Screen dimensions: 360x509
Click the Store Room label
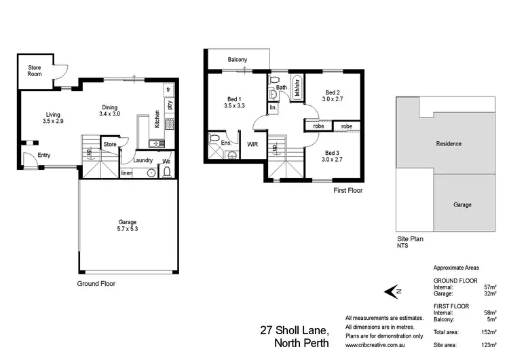pyautogui.click(x=35, y=71)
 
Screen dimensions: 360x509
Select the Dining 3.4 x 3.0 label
pyautogui.click(x=109, y=111)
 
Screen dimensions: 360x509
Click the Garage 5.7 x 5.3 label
pyautogui.click(x=128, y=226)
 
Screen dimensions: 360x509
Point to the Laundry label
pyautogui.click(x=143, y=160)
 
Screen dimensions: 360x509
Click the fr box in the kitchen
pyautogui.click(x=168, y=90)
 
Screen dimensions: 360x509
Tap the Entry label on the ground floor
pyautogui.click(x=43, y=155)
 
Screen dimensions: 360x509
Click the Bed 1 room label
pyautogui.click(x=234, y=102)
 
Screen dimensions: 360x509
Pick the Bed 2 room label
pyautogui.click(x=332, y=96)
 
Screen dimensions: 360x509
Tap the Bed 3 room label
pyautogui.click(x=332, y=156)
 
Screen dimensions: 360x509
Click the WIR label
pyautogui.click(x=252, y=144)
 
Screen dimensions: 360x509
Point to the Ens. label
pyautogui.click(x=227, y=143)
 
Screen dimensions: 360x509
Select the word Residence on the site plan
pyautogui.click(x=449, y=143)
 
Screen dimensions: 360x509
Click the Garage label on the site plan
pyautogui.click(x=461, y=204)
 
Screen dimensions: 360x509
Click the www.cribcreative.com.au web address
pyautogui.click(x=375, y=344)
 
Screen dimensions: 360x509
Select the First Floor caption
pyautogui.click(x=347, y=191)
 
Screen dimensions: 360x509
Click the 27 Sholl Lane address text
pyautogui.click(x=295, y=330)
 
